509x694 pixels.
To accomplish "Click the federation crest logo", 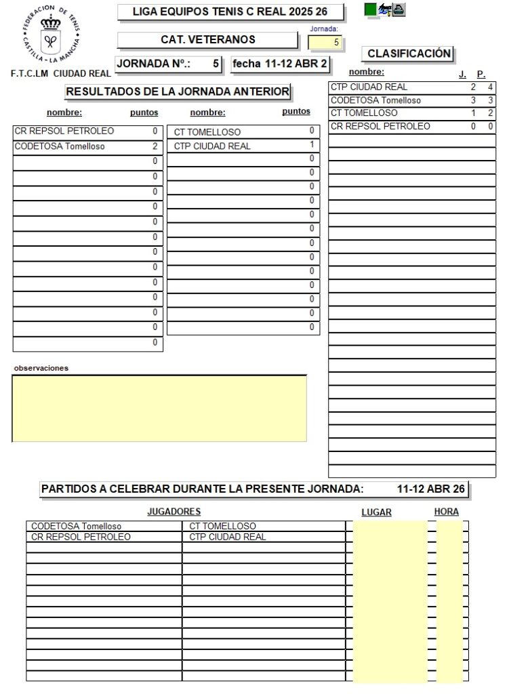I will pos(50,35).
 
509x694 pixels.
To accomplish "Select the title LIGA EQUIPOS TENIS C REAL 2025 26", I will pos(230,12).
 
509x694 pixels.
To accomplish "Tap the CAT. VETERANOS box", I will pos(207,40).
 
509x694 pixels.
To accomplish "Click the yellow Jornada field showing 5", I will pos(326,42).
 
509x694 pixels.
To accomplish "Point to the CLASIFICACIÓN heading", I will pos(409,54).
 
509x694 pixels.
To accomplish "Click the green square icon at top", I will pos(370,9).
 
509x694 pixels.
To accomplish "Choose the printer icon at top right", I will pos(399,9).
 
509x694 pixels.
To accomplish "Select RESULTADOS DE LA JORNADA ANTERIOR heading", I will pos(178,91).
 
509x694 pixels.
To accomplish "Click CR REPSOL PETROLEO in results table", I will pos(64,131).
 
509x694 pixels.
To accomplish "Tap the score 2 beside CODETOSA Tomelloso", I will pos(155,146).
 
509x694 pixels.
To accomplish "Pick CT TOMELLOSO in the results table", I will pos(207,132).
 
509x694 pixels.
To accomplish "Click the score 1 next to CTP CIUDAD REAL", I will pos(311,145).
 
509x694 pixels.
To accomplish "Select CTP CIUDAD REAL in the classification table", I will pos(369,87).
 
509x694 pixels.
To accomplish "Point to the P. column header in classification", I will pos(481,74).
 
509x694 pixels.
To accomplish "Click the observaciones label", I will pos(41,368).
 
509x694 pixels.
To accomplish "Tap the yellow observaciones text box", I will pos(159,408).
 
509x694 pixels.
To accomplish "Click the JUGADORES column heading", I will pos(174,512).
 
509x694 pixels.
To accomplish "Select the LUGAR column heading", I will pos(376,512).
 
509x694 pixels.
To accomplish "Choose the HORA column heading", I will pos(447,512).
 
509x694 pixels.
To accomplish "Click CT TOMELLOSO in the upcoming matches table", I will pos(222,526).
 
